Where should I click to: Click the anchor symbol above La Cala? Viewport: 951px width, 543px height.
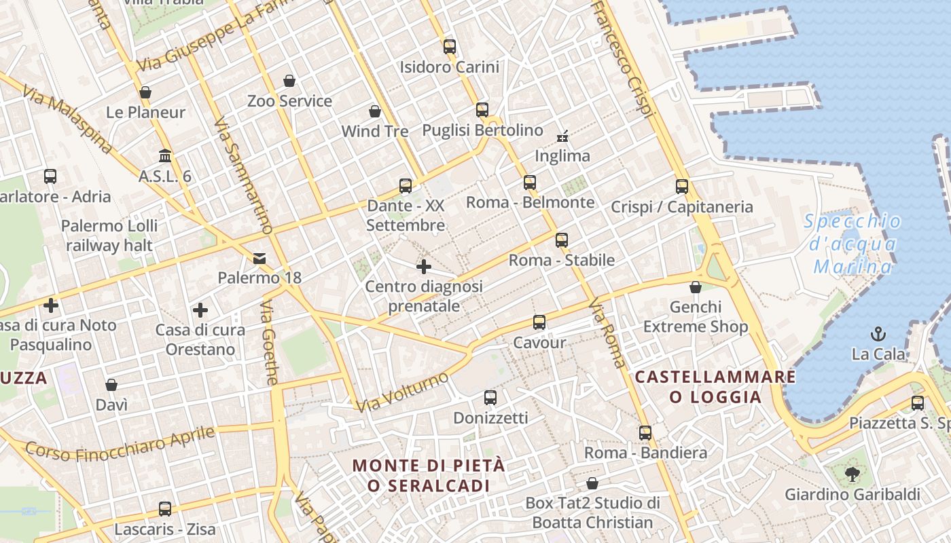[879, 333]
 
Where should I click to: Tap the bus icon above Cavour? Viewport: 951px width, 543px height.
[539, 322]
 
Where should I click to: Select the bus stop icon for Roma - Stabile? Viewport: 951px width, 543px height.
[562, 240]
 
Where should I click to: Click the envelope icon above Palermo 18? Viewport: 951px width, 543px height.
[259, 258]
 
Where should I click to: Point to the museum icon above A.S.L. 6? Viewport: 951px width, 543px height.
[165, 156]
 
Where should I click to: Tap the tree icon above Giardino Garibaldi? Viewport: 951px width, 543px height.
[852, 474]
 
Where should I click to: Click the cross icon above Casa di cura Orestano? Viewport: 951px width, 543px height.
[200, 310]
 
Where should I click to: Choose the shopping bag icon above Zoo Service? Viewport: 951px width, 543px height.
[289, 81]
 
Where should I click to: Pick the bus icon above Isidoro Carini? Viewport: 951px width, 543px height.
[450, 47]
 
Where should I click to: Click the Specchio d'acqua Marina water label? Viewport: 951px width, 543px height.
[853, 244]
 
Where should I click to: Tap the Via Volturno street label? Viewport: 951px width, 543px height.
[402, 392]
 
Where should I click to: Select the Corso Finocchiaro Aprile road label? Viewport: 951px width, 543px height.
[120, 443]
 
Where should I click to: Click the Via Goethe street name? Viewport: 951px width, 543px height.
[269, 343]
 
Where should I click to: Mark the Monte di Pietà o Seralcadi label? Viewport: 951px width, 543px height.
[429, 475]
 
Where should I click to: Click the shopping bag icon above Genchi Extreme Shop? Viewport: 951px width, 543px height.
[696, 287]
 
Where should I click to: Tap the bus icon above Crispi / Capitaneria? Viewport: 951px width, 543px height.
[682, 187]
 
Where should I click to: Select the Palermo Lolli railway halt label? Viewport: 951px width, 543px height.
[109, 236]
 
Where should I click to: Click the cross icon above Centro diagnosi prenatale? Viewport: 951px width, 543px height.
[424, 267]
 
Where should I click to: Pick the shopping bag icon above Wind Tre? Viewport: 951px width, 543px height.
[375, 111]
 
